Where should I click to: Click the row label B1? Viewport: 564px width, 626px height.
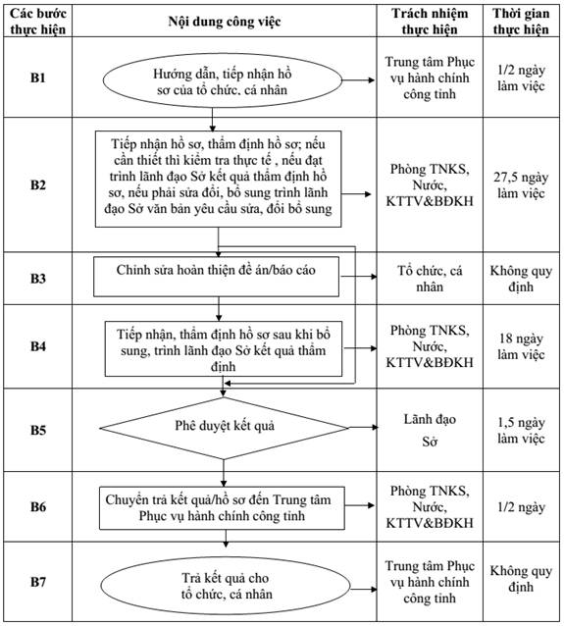point(38,78)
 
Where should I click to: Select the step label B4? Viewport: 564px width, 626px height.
point(38,345)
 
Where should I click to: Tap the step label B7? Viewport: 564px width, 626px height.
point(38,582)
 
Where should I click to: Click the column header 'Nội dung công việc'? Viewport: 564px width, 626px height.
point(225,22)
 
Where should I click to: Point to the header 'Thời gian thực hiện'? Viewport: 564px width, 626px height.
point(521,22)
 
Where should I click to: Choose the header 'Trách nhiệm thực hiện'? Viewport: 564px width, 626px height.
point(430,22)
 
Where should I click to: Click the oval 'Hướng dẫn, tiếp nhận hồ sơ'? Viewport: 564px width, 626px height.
point(223,81)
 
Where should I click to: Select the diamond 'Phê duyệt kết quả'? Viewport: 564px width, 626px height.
point(224,428)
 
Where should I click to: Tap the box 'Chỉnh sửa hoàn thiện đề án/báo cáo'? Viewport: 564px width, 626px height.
point(216,277)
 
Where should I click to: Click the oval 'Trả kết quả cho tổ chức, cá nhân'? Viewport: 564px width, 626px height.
point(226,586)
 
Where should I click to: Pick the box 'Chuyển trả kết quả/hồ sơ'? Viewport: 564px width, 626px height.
point(222,508)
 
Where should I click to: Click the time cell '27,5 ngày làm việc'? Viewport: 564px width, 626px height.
point(521,184)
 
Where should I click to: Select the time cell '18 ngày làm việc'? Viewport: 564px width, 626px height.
point(521,346)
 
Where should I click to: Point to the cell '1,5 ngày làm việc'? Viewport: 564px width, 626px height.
point(521,430)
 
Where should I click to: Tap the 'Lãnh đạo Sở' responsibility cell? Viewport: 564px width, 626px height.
point(430,430)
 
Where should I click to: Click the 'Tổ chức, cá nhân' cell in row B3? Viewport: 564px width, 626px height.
point(430,279)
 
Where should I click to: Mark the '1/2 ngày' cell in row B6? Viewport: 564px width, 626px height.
point(521,507)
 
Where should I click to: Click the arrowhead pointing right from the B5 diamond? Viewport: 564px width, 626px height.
point(375,428)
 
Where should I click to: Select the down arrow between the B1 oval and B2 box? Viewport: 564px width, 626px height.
point(212,120)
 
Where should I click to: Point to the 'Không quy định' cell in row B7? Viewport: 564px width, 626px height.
point(521,579)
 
